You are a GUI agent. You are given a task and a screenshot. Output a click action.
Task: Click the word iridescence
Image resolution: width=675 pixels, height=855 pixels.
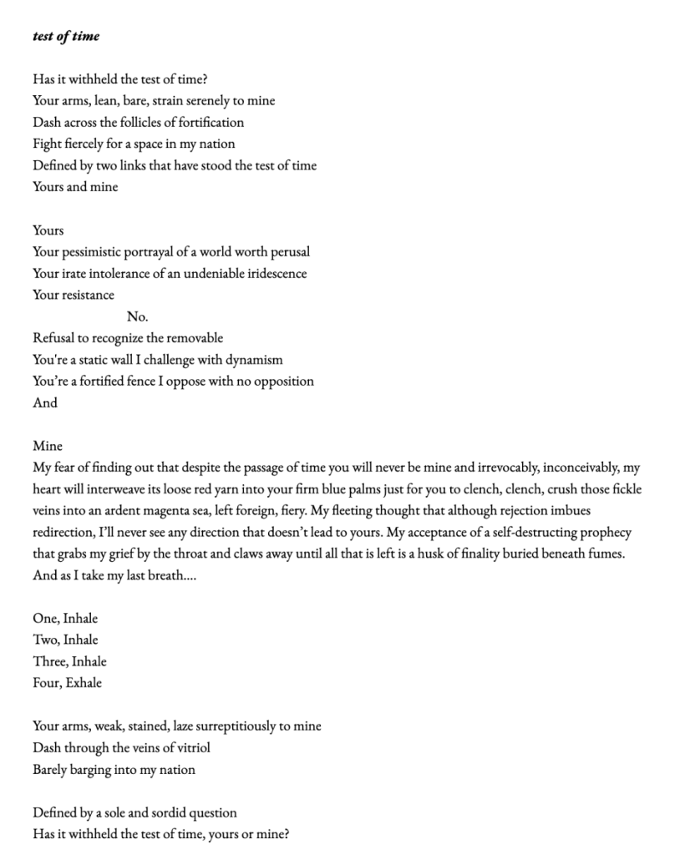(272, 273)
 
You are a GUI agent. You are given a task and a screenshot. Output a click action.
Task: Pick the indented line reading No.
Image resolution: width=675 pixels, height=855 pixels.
(137, 316)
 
